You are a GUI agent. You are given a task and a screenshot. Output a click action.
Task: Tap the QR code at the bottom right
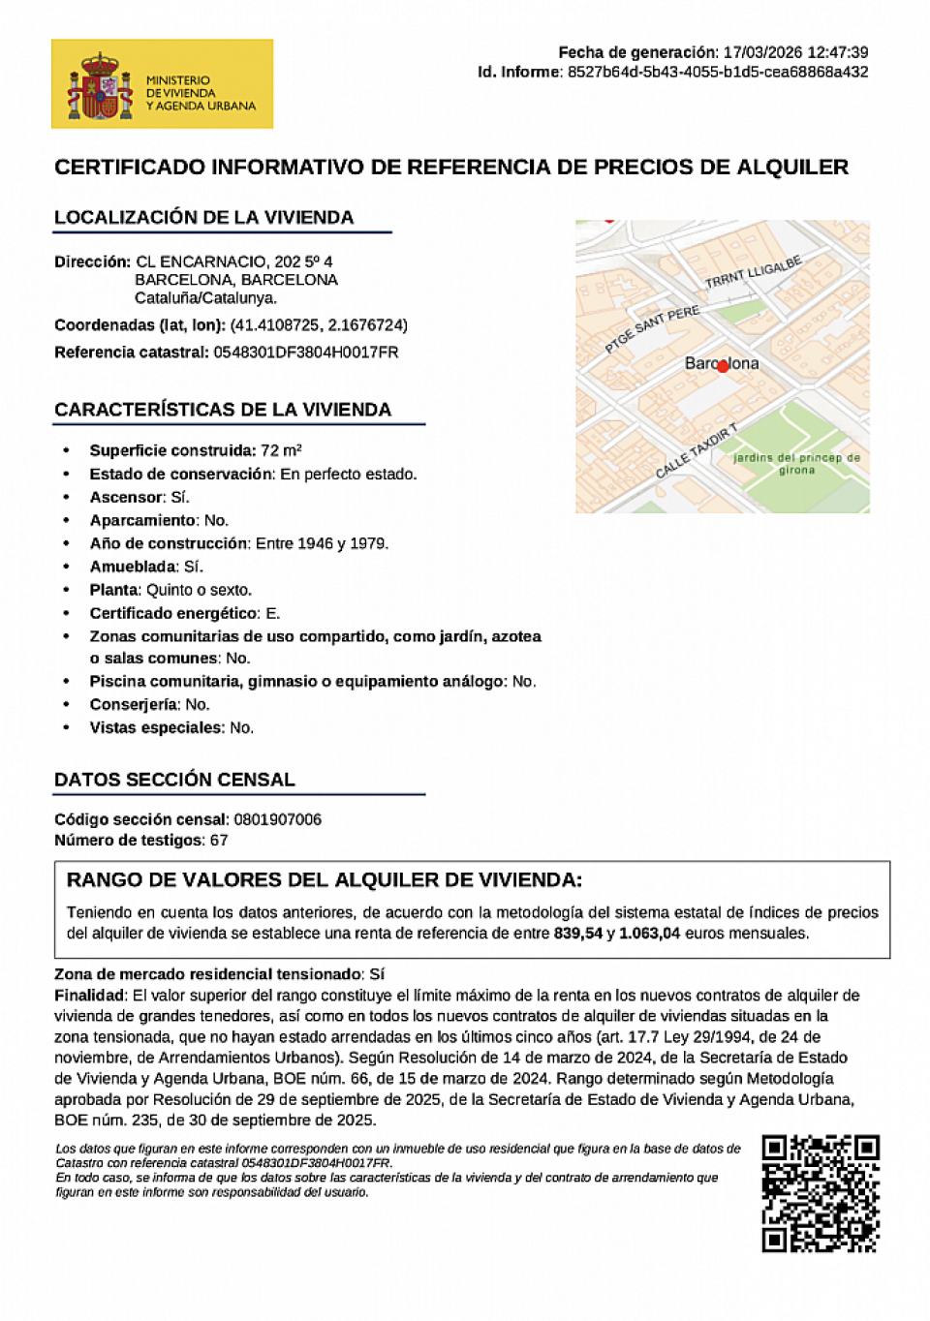(x=820, y=1193)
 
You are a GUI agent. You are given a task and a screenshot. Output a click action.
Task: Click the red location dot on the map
(x=723, y=366)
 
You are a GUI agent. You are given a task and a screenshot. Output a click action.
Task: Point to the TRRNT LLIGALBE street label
(x=754, y=272)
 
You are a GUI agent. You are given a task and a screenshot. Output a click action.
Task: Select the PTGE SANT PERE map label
(x=652, y=328)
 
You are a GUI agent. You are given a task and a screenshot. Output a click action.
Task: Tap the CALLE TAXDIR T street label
(x=697, y=450)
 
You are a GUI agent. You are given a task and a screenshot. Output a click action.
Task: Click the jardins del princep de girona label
(x=796, y=463)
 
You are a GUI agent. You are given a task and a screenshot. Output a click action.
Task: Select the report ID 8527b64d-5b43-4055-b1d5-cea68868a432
(x=717, y=72)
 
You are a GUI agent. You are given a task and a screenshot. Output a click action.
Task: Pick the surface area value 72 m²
(x=281, y=450)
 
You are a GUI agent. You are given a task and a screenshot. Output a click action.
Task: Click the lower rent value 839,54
(x=578, y=934)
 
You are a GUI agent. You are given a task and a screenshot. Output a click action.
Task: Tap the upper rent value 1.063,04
(x=649, y=934)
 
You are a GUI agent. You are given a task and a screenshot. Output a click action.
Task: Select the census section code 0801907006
(x=277, y=819)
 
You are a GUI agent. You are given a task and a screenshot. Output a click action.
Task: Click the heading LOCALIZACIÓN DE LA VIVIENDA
(x=203, y=218)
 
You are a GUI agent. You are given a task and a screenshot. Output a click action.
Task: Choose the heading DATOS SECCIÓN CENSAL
(x=174, y=780)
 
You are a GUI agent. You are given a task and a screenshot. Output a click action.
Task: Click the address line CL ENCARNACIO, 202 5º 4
(x=233, y=261)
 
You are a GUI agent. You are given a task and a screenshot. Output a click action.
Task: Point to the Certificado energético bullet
(x=184, y=613)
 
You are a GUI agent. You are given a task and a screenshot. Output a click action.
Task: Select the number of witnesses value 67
(x=219, y=841)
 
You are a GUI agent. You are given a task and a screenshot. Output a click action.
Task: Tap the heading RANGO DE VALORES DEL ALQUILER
(x=324, y=880)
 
